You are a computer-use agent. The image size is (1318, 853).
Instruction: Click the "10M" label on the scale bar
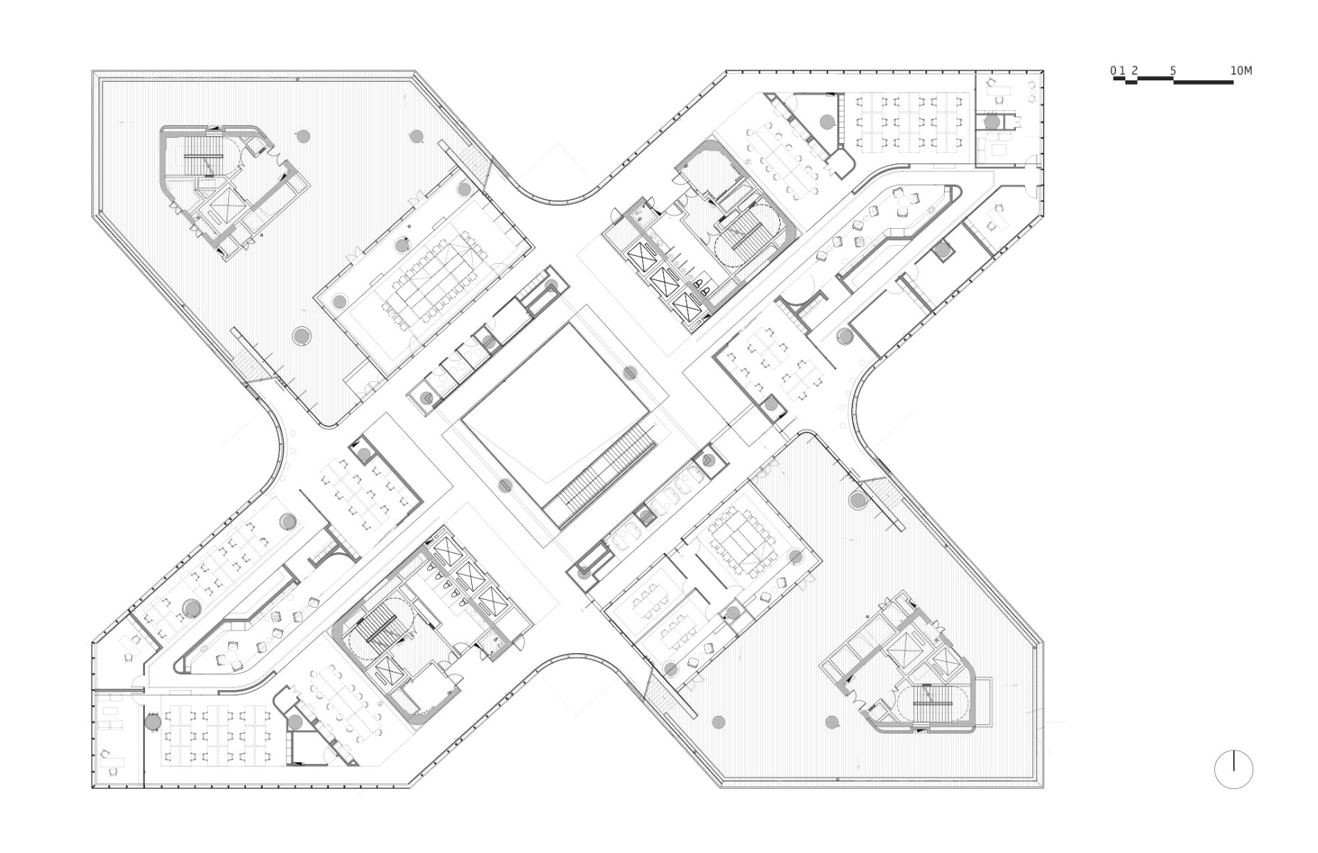(x=1241, y=70)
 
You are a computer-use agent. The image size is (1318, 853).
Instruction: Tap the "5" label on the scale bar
(x=1173, y=70)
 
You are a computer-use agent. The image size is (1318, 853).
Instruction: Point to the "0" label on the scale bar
(x=1113, y=70)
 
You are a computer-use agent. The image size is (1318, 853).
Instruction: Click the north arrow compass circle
(x=1233, y=769)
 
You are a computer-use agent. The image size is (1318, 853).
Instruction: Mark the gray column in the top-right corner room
(x=992, y=122)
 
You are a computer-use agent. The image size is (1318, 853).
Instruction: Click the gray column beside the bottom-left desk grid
(x=153, y=722)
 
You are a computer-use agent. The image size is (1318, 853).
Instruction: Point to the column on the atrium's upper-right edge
(x=630, y=372)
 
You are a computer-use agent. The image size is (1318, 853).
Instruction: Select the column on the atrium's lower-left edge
(x=505, y=485)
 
